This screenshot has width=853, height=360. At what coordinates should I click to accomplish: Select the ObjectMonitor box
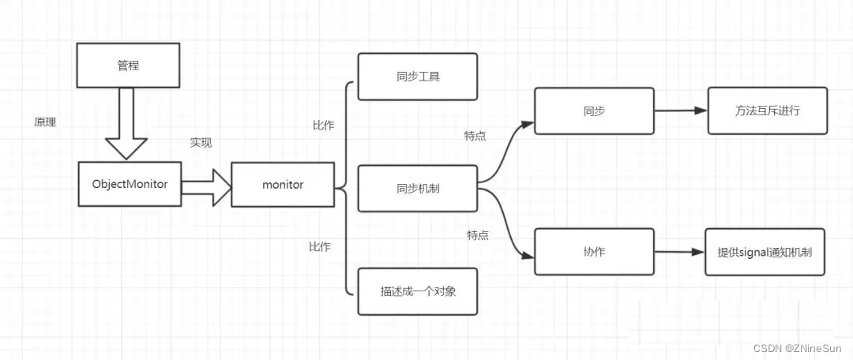point(130,184)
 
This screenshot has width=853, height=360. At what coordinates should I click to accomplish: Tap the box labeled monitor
point(282,185)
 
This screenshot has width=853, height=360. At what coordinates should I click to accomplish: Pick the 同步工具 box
point(417,77)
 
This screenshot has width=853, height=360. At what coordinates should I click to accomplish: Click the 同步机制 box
point(417,189)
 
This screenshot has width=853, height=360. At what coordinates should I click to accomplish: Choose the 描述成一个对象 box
point(417,291)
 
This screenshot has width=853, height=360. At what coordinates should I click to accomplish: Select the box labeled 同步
point(594,111)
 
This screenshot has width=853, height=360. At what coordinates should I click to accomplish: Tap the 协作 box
point(594,251)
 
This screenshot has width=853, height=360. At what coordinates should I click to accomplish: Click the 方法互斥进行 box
point(767,111)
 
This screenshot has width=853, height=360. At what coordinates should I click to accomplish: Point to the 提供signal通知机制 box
point(765,252)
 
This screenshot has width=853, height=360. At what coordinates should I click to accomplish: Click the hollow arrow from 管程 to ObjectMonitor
point(126,122)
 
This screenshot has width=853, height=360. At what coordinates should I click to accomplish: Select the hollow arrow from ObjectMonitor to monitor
point(205,186)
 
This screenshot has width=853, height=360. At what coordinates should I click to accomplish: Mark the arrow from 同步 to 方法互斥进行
point(680,111)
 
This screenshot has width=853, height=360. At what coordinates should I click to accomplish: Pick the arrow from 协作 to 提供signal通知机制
point(678,252)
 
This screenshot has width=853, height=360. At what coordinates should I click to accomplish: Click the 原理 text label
point(45,123)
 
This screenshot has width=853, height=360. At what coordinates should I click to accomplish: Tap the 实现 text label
point(201,143)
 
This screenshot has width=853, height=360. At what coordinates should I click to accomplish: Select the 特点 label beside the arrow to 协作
point(477,235)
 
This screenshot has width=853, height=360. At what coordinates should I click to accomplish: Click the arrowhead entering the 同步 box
point(528,123)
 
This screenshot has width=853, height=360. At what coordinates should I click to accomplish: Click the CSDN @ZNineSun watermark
point(799,348)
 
